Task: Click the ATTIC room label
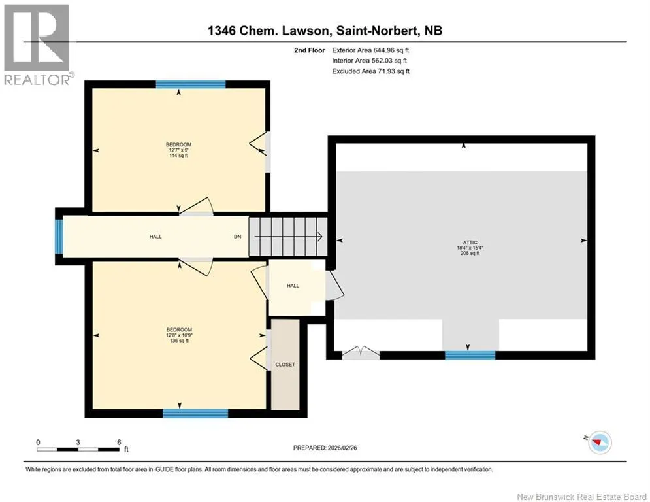pos(470,243)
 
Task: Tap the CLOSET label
pos(285,365)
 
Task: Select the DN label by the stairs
pos(238,237)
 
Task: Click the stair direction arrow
pos(288,237)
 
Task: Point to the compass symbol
pos(600,443)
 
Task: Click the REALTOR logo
pos(37,45)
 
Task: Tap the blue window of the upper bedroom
pos(191,84)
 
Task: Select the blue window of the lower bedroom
pos(195,413)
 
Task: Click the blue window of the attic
pos(470,355)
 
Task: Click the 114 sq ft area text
pos(178,156)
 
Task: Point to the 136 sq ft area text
pos(179,341)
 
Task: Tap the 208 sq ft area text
pos(470,253)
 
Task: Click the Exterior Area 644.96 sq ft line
pos(370,50)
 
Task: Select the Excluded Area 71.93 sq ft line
pos(370,71)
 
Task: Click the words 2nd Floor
pos(310,50)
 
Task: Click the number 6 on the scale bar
pos(119,443)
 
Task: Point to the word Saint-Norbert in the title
pos(377,31)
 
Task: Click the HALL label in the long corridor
pos(155,237)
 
